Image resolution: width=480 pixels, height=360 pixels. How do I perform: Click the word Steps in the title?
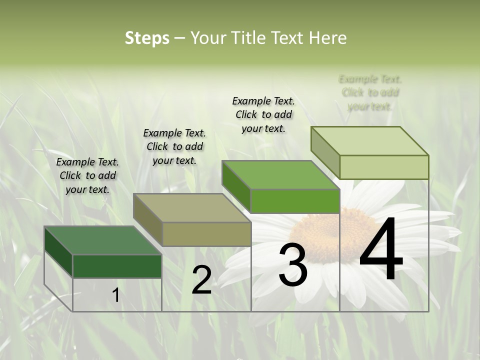point(146,38)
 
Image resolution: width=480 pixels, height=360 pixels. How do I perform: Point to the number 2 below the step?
point(201,280)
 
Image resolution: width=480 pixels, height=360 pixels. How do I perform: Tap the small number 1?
point(115,295)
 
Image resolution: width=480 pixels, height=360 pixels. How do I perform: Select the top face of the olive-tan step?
point(192,207)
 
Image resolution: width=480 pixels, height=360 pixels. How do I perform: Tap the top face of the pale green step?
point(370,141)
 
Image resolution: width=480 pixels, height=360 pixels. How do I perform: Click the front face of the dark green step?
point(117,266)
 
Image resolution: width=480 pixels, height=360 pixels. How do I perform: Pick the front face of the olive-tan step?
point(206,234)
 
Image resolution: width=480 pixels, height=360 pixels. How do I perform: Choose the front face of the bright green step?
point(295,201)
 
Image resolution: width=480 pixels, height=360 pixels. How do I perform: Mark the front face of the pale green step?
point(384,167)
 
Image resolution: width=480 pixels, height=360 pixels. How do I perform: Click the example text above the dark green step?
point(87,175)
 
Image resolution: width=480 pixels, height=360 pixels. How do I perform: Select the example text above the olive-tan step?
point(174,146)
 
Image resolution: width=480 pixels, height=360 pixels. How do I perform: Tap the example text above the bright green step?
point(263,114)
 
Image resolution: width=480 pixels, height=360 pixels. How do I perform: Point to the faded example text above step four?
point(370,92)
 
